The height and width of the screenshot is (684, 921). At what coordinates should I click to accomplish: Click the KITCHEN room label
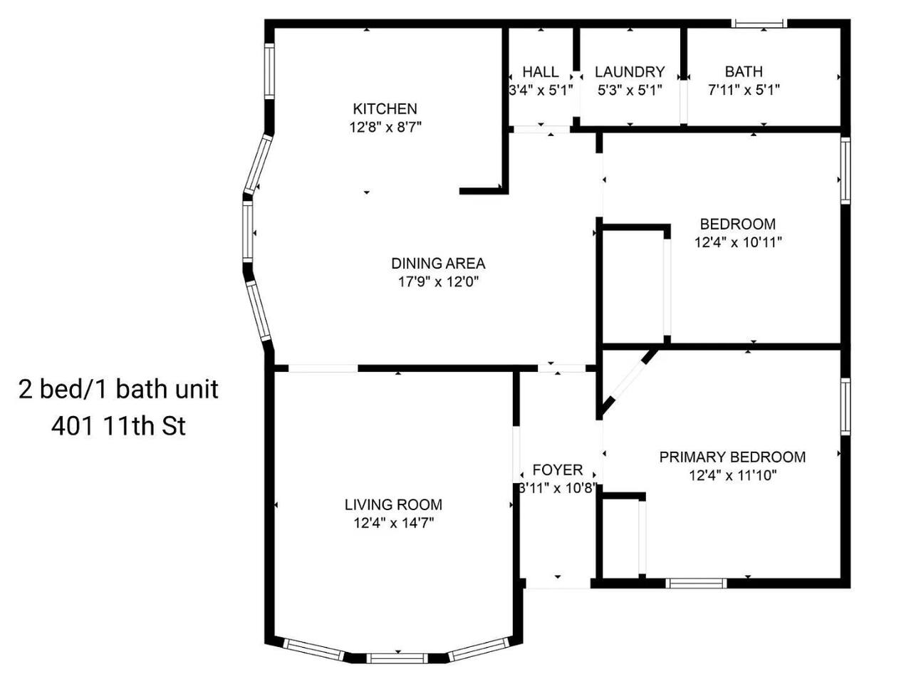[x=385, y=109]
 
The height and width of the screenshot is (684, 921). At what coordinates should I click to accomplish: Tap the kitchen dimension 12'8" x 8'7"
[x=385, y=127]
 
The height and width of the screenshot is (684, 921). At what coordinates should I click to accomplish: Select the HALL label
[x=540, y=72]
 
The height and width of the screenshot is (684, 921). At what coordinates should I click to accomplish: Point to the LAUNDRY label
[x=630, y=72]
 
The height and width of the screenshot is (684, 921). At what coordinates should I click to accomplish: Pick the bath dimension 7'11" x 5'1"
[x=744, y=89]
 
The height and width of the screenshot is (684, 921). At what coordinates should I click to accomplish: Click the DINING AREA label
[x=438, y=264]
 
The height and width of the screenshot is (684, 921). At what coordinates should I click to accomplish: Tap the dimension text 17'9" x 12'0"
[x=439, y=281]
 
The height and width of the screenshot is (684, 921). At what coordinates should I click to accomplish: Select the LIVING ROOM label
[x=393, y=504]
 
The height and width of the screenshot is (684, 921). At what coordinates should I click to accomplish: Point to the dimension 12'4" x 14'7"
[x=394, y=523]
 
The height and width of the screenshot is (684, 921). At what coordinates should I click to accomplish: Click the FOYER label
[x=558, y=470]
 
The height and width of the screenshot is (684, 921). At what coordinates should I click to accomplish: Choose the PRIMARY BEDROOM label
[x=732, y=457]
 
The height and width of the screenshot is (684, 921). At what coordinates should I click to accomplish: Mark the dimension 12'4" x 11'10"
[x=733, y=475]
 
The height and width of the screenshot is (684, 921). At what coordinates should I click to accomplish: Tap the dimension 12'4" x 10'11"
[x=738, y=242]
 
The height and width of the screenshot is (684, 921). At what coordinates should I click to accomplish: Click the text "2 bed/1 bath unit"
[x=118, y=389]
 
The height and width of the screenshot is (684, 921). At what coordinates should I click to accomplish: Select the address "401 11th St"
[x=118, y=426]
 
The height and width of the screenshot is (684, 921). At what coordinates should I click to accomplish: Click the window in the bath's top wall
[x=759, y=24]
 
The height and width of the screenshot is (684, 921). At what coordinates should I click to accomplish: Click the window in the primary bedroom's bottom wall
[x=696, y=584]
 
